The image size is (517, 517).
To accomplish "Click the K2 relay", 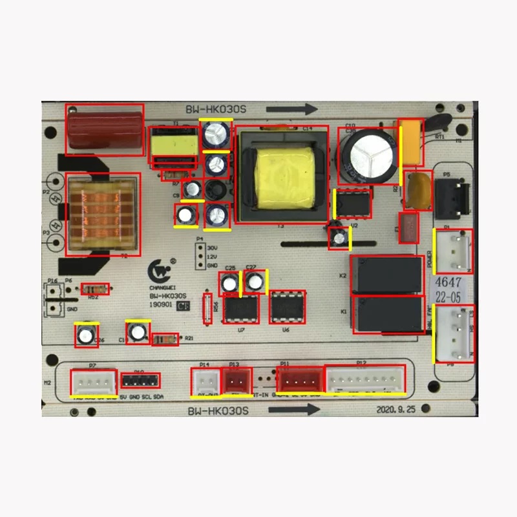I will click(x=386, y=275).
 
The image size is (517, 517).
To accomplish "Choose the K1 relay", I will click(x=386, y=315).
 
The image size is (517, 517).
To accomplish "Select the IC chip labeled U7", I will click(x=240, y=309).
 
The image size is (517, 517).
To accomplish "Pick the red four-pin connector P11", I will click(x=300, y=379).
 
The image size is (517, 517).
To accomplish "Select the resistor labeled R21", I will click(x=167, y=338).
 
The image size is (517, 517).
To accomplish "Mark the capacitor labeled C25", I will click(x=229, y=283).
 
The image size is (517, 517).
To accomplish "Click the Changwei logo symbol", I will click(x=157, y=270).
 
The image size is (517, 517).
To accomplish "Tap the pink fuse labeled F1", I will click(x=408, y=227).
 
